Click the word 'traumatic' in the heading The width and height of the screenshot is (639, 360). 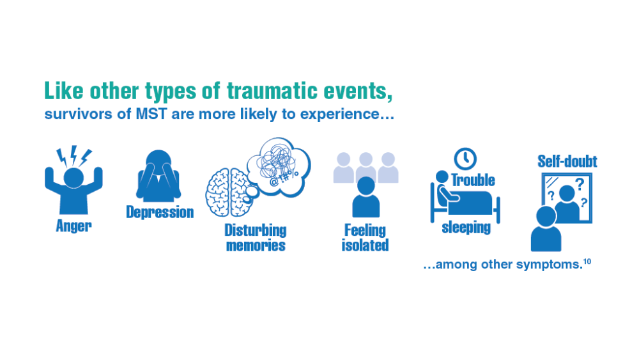click(272, 91)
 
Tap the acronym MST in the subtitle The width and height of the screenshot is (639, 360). click(151, 114)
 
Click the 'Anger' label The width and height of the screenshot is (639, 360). click(73, 226)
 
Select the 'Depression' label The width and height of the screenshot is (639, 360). click(160, 212)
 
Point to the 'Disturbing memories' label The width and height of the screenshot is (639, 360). click(256, 238)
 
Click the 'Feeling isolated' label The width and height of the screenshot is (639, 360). click(365, 238)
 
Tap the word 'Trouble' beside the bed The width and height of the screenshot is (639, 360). click(473, 180)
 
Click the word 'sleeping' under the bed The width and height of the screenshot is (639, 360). click(466, 228)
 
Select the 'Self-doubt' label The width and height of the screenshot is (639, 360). click(567, 161)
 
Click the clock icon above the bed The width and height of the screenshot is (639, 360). click(465, 159)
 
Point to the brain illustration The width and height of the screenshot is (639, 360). click(227, 192)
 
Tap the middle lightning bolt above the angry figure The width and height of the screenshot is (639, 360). click(73, 155)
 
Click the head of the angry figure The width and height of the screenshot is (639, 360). click(73, 178)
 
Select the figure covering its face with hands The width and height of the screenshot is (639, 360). click(158, 176)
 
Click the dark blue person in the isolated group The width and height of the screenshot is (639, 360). click(366, 197)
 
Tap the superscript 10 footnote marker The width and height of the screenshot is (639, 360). click(587, 262)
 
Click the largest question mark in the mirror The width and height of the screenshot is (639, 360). click(580, 184)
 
